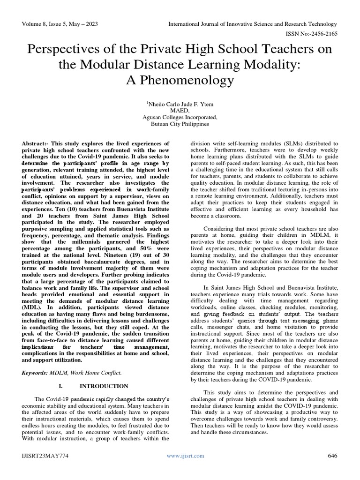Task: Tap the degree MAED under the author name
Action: tap(180, 111)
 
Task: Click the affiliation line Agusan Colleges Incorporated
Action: tap(180, 117)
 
